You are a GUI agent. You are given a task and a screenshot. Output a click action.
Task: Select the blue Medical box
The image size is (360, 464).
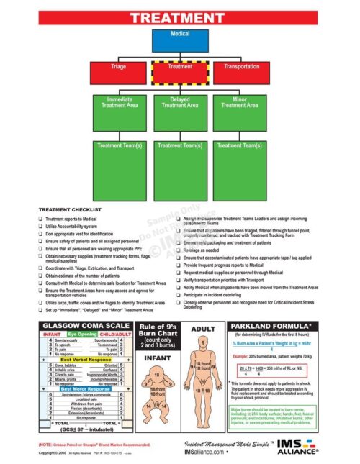180,40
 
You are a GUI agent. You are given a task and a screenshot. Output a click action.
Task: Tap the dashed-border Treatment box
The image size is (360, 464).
180,73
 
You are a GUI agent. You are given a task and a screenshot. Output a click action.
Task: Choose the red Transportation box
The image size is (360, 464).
240,73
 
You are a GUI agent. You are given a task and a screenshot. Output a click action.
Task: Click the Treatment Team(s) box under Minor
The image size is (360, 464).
240,168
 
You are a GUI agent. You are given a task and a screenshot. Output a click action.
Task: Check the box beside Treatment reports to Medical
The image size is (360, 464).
40,218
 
